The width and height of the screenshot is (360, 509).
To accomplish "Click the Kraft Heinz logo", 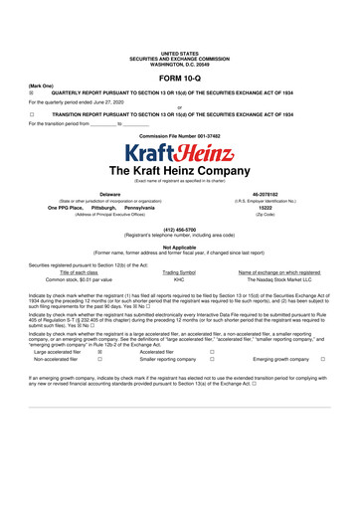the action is click(x=180, y=154).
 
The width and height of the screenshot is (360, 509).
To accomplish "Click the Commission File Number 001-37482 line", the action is click(x=180, y=135).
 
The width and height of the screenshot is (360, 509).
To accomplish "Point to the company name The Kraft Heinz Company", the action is click(x=180, y=171).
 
